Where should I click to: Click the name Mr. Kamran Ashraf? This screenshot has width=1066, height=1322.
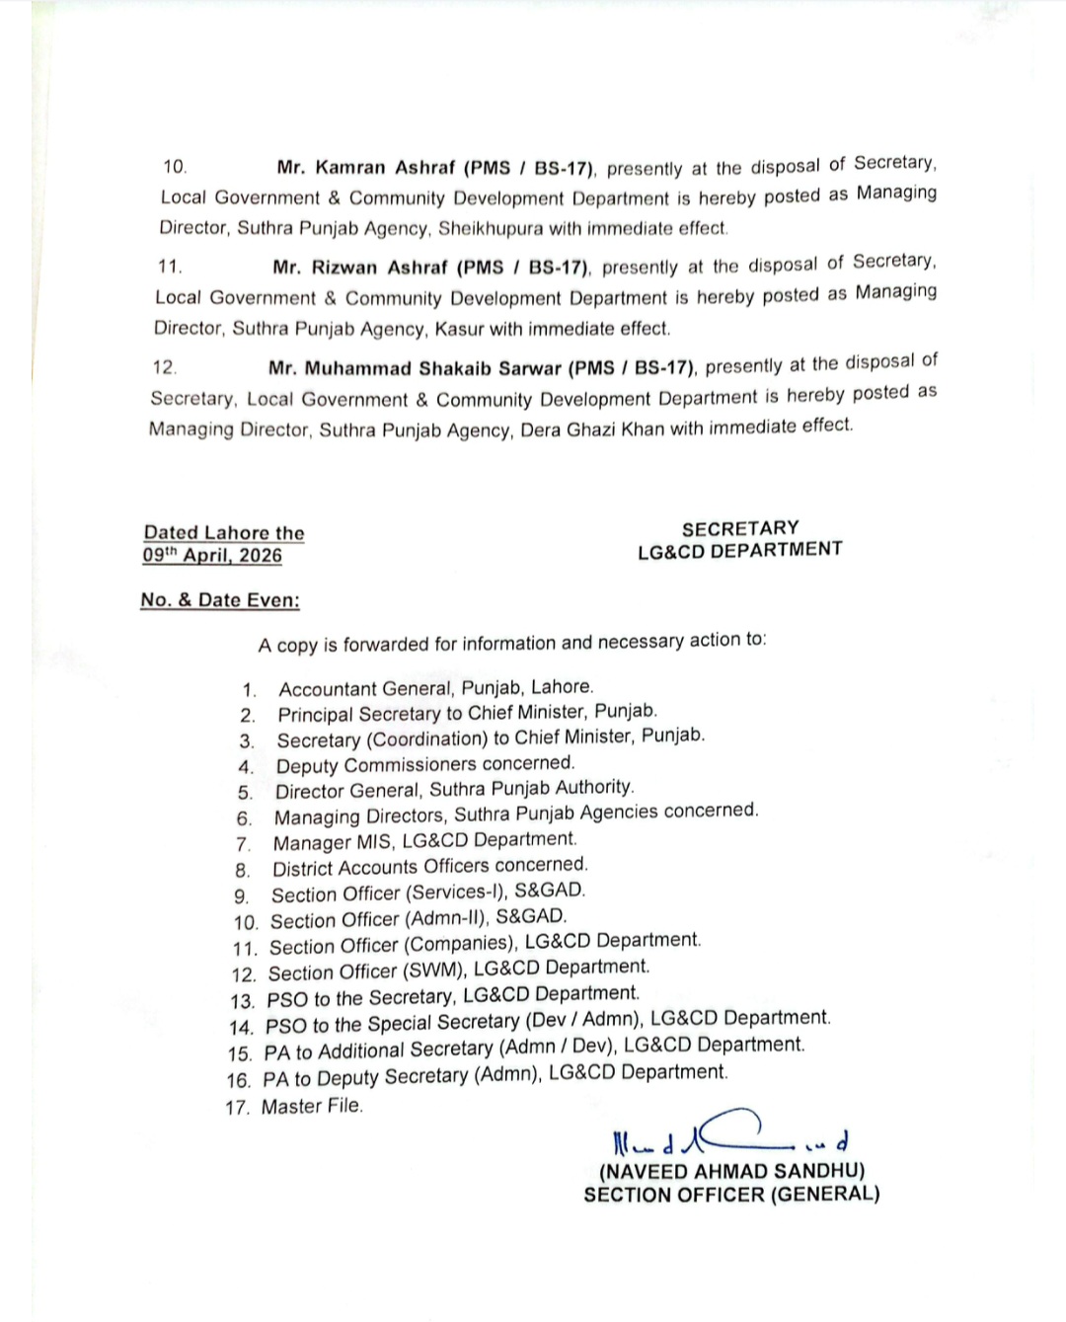367,168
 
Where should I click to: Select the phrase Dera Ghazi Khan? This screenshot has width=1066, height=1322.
592,429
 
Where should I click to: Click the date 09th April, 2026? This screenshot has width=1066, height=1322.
212,556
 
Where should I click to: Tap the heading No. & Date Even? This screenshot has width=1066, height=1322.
220,600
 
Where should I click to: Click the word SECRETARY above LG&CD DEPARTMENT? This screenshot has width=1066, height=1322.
740,528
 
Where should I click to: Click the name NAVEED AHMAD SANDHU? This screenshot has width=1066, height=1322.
731,1171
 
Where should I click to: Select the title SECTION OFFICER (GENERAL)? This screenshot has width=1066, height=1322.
731,1195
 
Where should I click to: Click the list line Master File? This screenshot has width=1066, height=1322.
312,1107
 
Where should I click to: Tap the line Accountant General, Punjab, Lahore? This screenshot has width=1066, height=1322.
435,688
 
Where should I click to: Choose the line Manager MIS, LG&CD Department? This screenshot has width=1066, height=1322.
424,841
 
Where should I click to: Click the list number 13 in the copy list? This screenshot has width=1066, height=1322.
242,1000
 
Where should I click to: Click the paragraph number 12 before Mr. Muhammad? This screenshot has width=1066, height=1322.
164,368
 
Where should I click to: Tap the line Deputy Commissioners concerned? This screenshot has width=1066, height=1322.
424,764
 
